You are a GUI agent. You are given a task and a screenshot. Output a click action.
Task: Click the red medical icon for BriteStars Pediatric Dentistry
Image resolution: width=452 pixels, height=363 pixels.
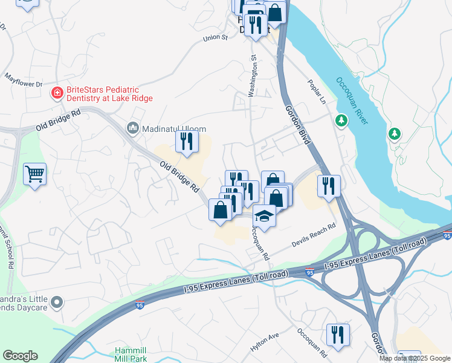point(56,93)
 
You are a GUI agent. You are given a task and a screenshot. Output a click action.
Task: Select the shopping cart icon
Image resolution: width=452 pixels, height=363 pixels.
point(34,174)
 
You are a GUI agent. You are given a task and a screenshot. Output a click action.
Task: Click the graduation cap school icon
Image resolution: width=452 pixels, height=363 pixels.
point(264,215)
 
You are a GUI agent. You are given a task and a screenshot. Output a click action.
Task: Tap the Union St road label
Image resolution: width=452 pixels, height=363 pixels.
point(215,38)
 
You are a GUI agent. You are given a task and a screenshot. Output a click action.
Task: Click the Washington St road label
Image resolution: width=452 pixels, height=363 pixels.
point(253,76)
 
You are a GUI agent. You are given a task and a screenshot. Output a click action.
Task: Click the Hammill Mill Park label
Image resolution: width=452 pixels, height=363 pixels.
point(132,355)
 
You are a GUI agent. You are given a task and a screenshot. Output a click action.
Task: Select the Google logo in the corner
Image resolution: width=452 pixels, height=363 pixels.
point(20,356)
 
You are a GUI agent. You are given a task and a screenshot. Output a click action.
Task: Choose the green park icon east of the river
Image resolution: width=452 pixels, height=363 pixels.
point(395,132)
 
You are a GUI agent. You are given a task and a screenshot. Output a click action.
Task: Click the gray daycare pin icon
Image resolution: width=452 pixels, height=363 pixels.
point(57,301)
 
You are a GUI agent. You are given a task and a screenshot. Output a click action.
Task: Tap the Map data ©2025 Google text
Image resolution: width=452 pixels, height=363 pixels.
point(415,358)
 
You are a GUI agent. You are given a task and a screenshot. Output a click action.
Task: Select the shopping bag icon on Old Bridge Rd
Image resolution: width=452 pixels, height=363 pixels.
point(220,210)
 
